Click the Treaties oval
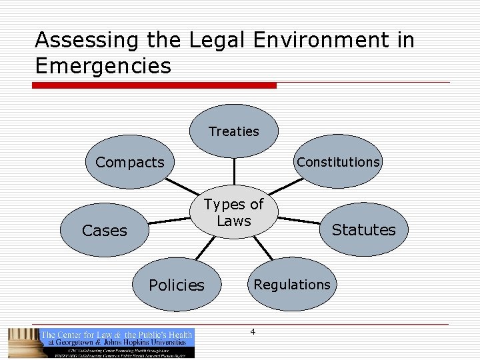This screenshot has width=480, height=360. click(233, 131)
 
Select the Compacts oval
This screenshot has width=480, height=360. click(129, 162)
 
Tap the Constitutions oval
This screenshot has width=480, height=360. click(338, 162)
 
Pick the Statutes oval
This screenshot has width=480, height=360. click(363, 230)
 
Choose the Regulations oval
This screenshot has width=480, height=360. click(291, 285)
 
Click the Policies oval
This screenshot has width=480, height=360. click(176, 285)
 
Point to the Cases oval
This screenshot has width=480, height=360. click(104, 231)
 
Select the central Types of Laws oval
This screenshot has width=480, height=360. click(233, 212)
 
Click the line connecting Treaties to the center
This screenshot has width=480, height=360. click(233, 171)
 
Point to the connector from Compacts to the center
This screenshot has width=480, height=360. click(182, 187)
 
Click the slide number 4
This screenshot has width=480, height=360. click(252, 331)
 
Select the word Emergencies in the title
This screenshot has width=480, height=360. click(103, 66)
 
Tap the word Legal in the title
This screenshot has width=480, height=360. click(218, 41)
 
